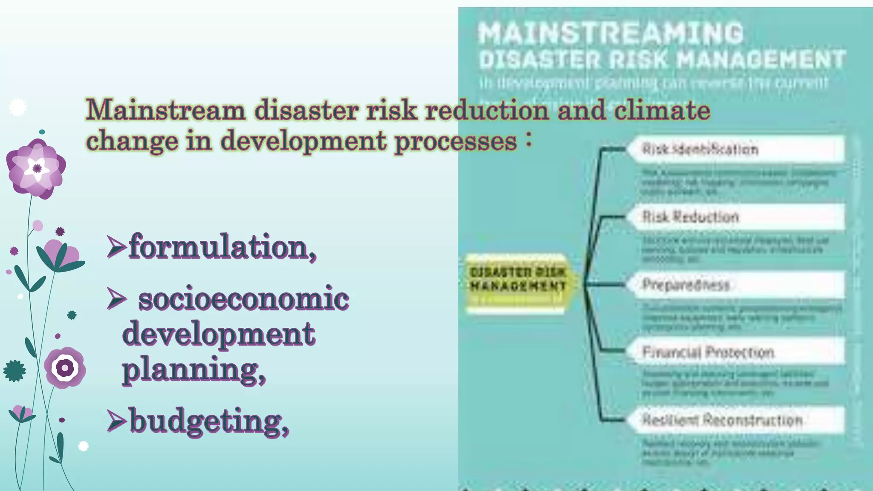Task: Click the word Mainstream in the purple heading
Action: [165, 110]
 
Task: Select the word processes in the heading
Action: [455, 141]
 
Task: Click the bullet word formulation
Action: [222, 247]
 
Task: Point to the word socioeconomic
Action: [243, 299]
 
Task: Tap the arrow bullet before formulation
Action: [116, 247]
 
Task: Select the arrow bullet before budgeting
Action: [116, 421]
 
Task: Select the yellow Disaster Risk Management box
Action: [517, 280]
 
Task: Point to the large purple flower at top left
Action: [36, 169]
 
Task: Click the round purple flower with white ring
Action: [65, 367]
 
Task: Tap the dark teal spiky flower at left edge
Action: [14, 371]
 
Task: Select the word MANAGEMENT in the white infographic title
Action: [761, 59]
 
